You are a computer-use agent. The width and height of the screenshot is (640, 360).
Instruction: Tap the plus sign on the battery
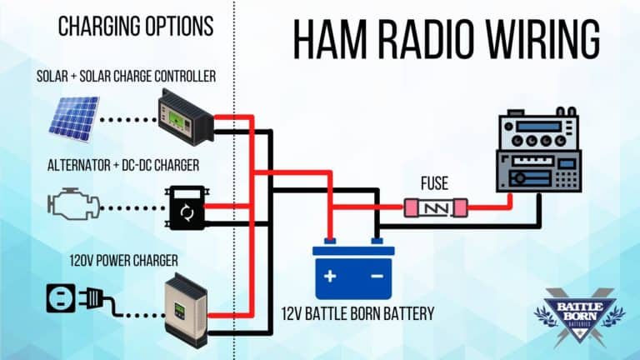point(330,276)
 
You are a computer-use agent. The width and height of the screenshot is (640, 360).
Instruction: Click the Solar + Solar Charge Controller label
point(126,77)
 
